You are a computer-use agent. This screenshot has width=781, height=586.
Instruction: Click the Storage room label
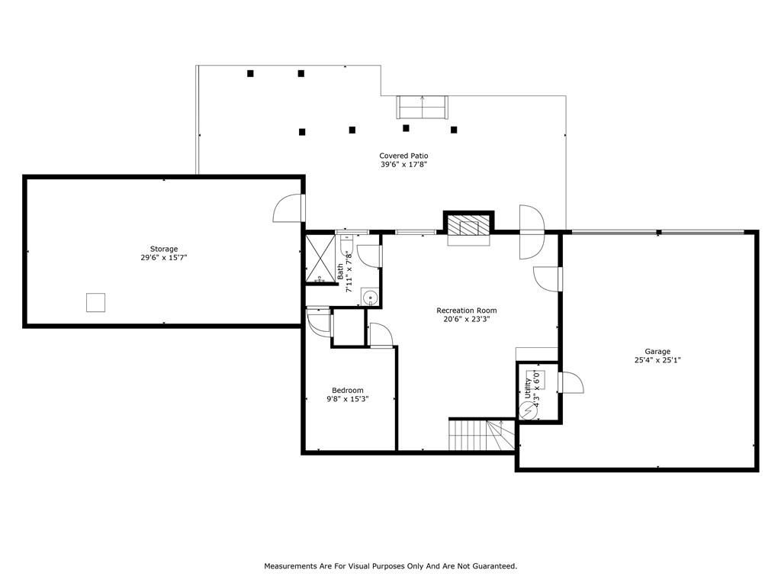[x=164, y=250]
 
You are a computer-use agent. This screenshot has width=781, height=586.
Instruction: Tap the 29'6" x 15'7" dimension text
[x=164, y=258]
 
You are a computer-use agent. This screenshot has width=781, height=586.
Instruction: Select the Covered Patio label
[x=403, y=156]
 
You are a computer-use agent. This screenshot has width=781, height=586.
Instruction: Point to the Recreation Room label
[x=467, y=311]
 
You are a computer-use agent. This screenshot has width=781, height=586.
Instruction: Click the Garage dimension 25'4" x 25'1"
[x=657, y=360]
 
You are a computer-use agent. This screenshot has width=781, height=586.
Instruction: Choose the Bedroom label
[x=348, y=390]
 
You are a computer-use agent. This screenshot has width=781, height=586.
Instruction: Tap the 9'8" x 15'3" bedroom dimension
[x=348, y=399]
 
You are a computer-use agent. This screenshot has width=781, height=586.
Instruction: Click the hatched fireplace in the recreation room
[x=468, y=226]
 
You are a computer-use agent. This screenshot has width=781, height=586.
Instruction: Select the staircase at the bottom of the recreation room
[x=482, y=434]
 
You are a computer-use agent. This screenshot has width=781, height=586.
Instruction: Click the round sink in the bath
[x=370, y=298]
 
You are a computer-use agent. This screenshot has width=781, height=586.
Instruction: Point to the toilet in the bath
[x=347, y=244]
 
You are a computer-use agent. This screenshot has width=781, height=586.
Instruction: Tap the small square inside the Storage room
[x=95, y=302]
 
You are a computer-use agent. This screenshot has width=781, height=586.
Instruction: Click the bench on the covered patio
[x=423, y=107]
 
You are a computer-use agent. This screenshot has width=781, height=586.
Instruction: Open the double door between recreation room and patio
[x=532, y=232]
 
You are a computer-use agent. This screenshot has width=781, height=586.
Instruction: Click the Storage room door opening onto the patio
[x=290, y=208]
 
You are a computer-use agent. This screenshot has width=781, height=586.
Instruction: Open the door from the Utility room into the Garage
[x=570, y=383]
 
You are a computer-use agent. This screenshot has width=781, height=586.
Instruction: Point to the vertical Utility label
[x=528, y=389]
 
